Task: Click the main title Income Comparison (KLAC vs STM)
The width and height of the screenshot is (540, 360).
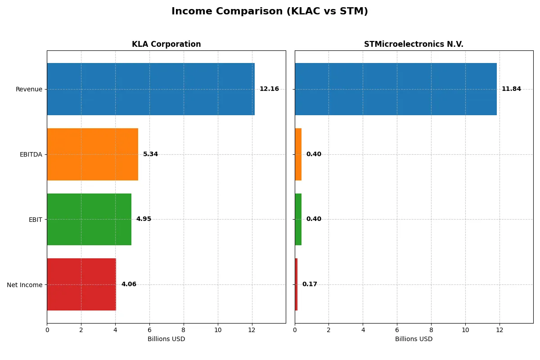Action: pyautogui.click(x=270, y=12)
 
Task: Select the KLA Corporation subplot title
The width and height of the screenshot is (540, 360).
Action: pyautogui.click(x=166, y=44)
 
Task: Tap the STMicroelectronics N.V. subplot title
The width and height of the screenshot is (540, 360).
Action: pyautogui.click(x=414, y=44)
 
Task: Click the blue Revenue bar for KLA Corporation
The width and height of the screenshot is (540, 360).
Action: pyautogui.click(x=151, y=89)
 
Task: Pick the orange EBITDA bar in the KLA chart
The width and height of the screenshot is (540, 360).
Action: pyautogui.click(x=92, y=154)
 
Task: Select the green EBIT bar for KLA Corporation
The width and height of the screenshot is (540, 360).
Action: pyautogui.click(x=89, y=219)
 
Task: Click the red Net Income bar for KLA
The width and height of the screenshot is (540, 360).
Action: pyautogui.click(x=81, y=284)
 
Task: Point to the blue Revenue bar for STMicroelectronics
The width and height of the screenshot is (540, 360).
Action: pyautogui.click(x=396, y=89)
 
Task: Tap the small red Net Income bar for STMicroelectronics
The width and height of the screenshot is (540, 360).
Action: pyautogui.click(x=296, y=284)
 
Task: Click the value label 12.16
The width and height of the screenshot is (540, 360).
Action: pyautogui.click(x=269, y=89)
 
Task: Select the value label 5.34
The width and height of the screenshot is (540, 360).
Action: pyautogui.click(x=150, y=154)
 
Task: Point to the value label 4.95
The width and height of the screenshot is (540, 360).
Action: pyautogui.click(x=144, y=219)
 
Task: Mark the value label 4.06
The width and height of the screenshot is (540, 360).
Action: pyautogui.click(x=129, y=284)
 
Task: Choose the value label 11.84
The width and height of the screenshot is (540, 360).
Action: pyautogui.click(x=511, y=89)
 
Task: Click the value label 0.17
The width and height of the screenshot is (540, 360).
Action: pyautogui.click(x=310, y=284)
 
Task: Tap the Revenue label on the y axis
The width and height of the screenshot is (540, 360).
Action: pyautogui.click(x=29, y=89)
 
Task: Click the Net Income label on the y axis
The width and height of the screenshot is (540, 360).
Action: pyautogui.click(x=24, y=285)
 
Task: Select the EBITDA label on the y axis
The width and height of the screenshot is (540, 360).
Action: pyautogui.click(x=31, y=154)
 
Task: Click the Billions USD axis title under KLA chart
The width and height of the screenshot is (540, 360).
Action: pyautogui.click(x=166, y=339)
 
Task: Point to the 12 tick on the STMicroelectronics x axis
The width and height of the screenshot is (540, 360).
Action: pyautogui.click(x=499, y=330)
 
